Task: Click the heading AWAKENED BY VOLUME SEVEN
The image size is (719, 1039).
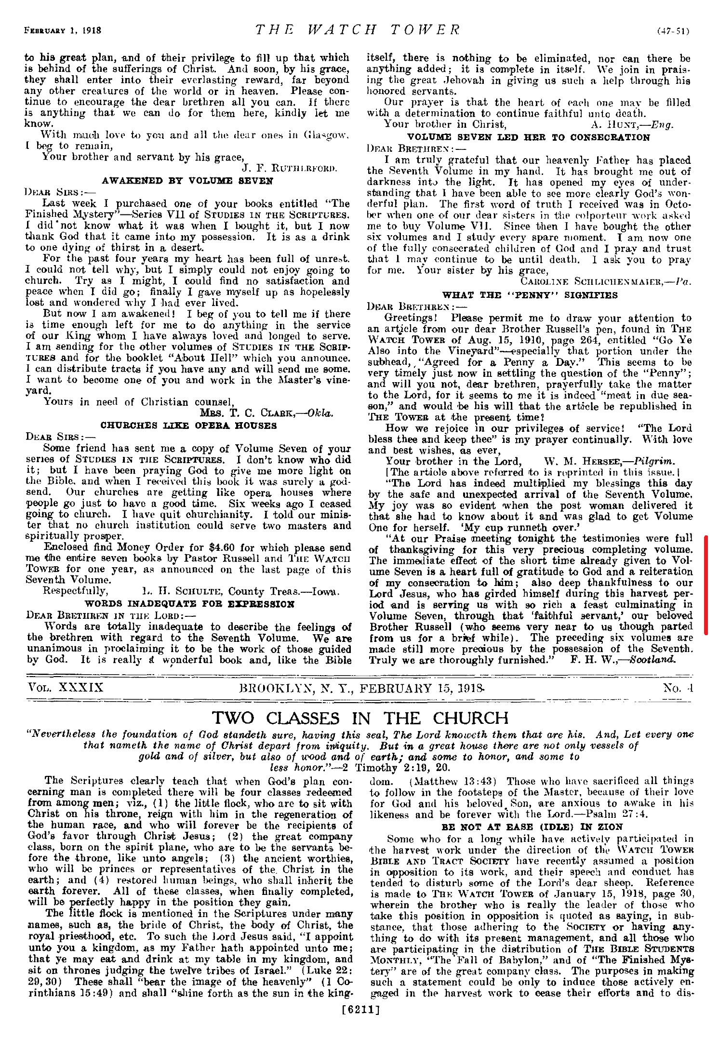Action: pyautogui.click(x=187, y=181)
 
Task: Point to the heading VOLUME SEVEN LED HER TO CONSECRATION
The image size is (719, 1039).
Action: pyautogui.click(x=529, y=137)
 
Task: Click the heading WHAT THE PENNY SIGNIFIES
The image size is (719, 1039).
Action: pyautogui.click(x=530, y=295)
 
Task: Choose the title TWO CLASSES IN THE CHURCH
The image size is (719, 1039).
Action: pyautogui.click(x=359, y=718)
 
